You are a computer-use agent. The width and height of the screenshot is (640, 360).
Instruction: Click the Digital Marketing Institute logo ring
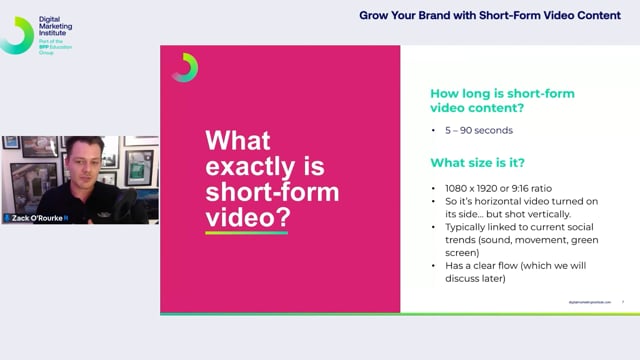click(17, 34)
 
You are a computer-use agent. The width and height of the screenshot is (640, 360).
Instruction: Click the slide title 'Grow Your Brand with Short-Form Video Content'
click(493, 16)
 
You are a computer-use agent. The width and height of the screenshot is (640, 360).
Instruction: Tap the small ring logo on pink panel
click(184, 67)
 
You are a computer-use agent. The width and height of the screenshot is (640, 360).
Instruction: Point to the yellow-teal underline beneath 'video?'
click(246, 233)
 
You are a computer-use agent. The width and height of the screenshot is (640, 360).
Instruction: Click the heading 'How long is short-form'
click(501, 93)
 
